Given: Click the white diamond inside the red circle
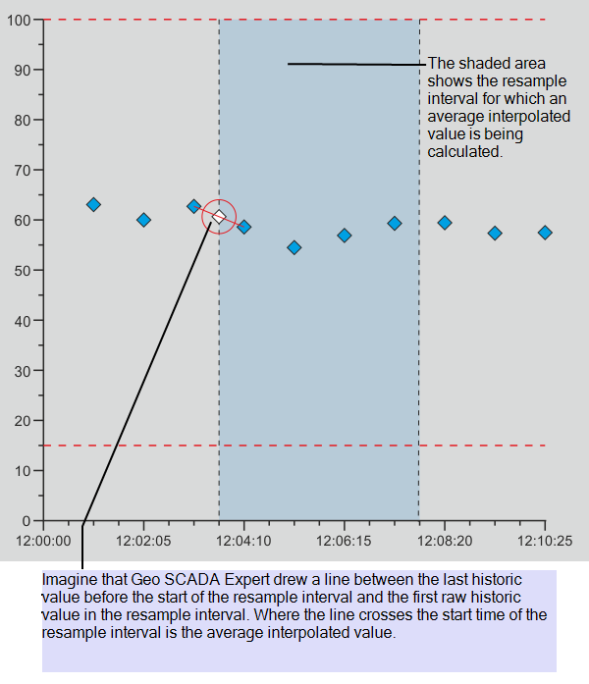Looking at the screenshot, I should [219, 217].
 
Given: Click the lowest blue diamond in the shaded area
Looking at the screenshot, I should [294, 247].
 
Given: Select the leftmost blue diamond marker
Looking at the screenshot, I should [93, 204].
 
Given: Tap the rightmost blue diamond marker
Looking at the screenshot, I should [545, 233].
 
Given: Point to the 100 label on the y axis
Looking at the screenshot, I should [19, 20].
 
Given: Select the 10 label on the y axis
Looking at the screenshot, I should [23, 470].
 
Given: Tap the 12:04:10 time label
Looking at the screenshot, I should [242, 540].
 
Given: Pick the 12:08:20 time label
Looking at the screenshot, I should [446, 540].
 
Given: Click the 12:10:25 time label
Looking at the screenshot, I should [546, 540].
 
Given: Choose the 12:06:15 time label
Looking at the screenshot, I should [344, 540].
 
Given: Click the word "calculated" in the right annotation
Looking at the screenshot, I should [464, 152].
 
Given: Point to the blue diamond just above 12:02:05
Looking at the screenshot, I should [143, 220].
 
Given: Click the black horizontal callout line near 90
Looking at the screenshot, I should [353, 64].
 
